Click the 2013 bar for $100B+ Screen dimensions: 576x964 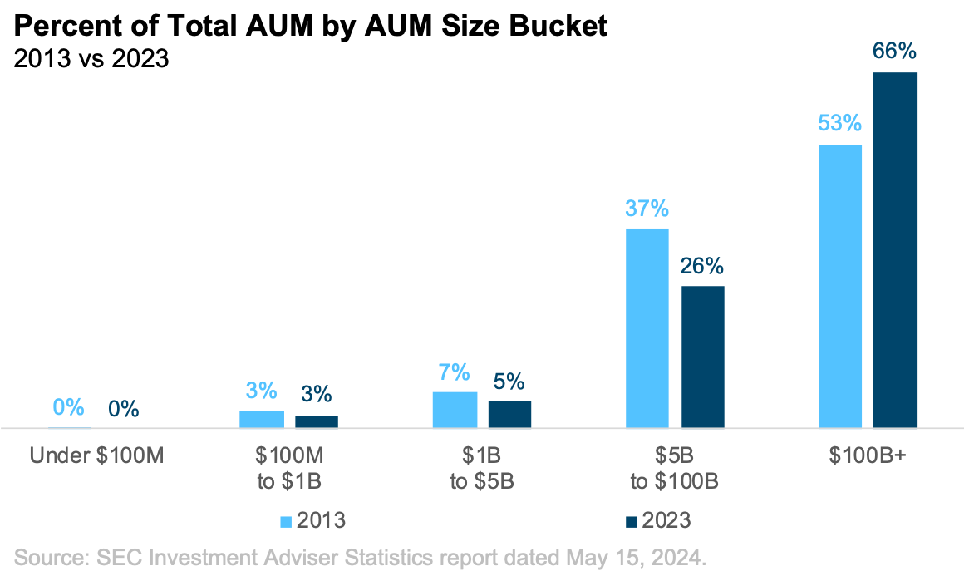840,286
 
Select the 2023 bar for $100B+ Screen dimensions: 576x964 895,249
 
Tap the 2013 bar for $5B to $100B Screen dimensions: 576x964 647,327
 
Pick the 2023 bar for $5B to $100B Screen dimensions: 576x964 703,357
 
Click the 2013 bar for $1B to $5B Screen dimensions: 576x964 455,409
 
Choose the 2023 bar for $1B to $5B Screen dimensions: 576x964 509,414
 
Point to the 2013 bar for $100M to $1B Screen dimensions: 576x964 262,419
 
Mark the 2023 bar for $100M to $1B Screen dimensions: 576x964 317,421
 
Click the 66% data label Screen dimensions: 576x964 894,52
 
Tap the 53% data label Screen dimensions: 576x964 839,124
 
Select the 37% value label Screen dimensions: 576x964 647,208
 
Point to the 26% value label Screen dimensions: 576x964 702,267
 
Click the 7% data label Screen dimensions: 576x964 455,372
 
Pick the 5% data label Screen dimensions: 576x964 509,382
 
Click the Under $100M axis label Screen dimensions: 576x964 97,456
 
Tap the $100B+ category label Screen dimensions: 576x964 868,456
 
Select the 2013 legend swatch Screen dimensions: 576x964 286,521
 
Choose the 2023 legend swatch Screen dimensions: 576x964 632,521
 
